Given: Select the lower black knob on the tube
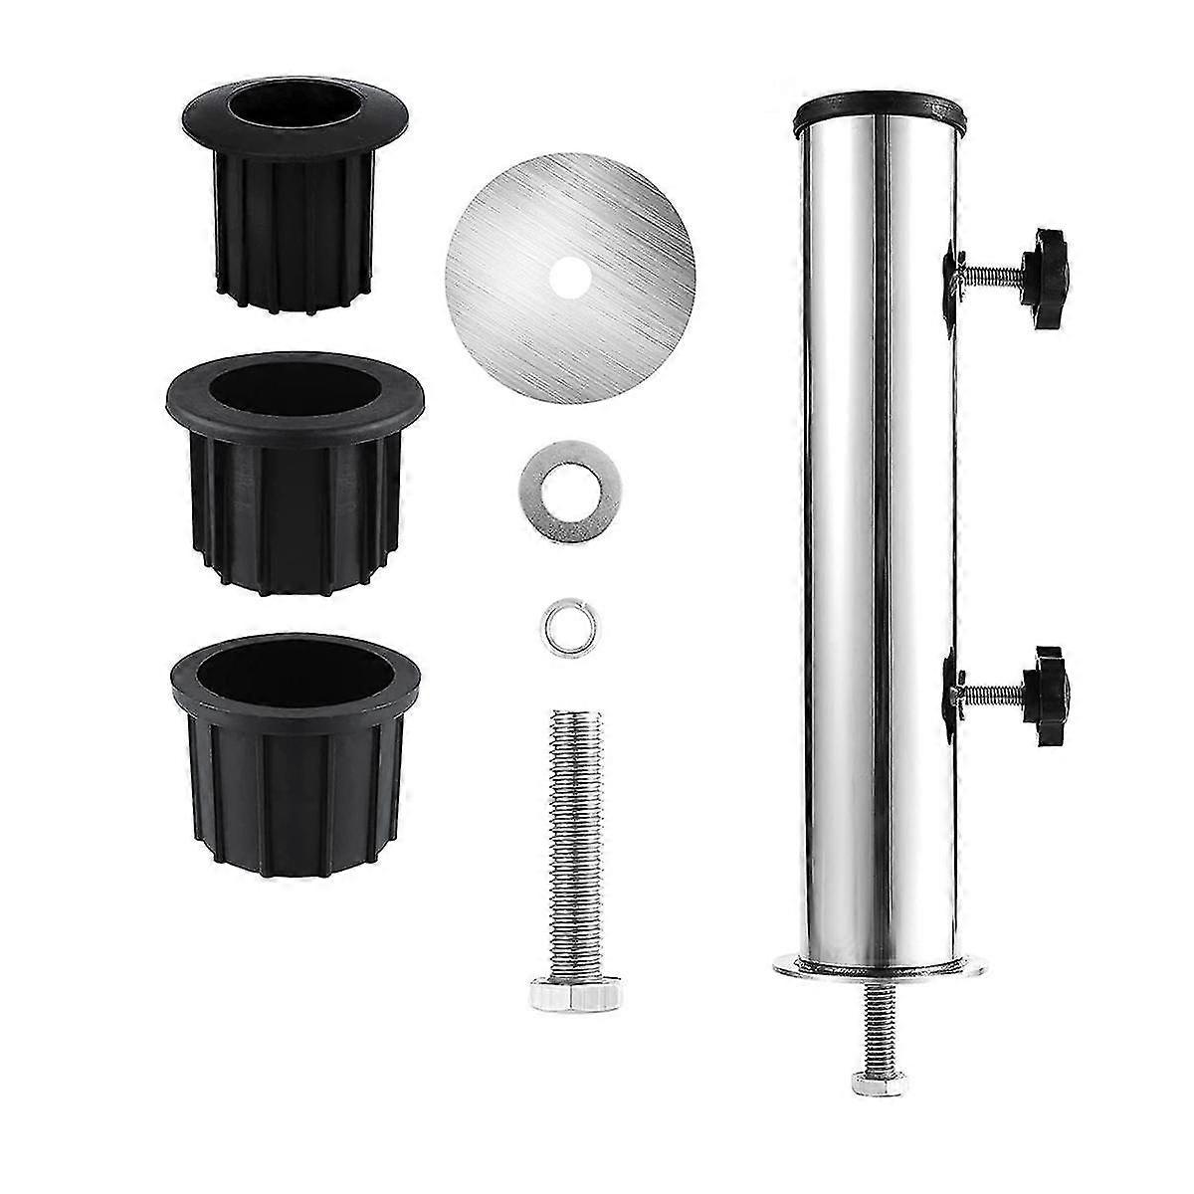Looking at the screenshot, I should tap(1040, 686).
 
